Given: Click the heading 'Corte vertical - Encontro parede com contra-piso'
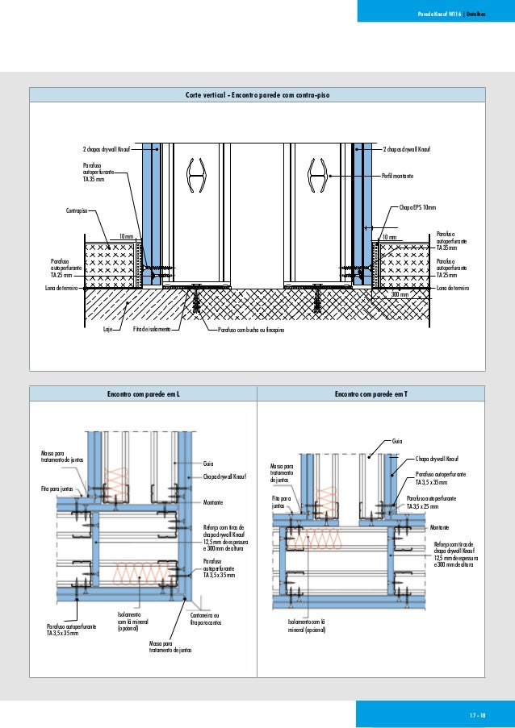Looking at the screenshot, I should tap(257, 95).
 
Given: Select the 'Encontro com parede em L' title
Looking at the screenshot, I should tap(143, 394).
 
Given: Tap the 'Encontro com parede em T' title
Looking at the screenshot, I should tap(371, 394).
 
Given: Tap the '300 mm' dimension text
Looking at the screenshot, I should tap(400, 295).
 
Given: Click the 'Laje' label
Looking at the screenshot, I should tap(107, 330).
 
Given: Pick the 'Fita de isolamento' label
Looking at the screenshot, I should tap(151, 330).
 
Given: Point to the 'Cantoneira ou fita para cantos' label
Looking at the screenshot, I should tap(206, 618).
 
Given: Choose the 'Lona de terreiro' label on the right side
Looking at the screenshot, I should tap(452, 287).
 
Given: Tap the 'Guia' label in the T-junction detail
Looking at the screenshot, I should tap(396, 442).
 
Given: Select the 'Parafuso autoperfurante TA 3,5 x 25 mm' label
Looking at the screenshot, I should tap(432, 503).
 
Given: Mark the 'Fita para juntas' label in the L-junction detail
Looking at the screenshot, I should tap(57, 489).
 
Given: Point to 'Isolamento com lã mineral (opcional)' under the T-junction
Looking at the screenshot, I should tap(305, 626).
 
